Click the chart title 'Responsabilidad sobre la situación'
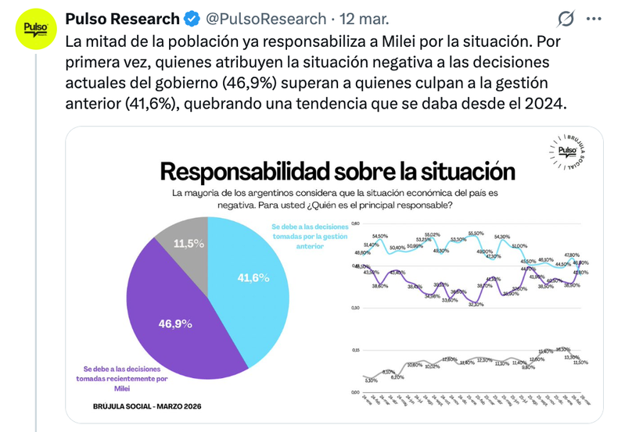coord(338,170)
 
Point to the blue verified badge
coord(192,18)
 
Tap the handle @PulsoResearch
coord(265,18)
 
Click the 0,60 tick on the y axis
coord(356,223)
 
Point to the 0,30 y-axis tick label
coord(356,307)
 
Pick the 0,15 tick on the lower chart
coord(356,350)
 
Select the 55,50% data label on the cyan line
coord(476,233)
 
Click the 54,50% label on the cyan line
coord(380,236)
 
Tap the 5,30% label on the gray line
coord(372,380)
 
